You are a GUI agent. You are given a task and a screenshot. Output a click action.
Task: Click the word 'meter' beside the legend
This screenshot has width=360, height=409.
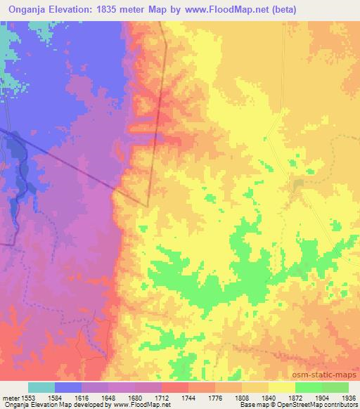point(10,398)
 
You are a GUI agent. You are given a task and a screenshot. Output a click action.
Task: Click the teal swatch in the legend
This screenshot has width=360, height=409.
point(41,387)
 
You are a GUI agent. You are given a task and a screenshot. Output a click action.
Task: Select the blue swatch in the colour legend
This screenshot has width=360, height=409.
point(68,387)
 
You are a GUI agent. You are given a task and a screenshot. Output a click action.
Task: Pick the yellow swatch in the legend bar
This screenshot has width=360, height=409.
point(282,387)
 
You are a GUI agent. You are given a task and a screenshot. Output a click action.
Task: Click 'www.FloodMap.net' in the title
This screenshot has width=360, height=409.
point(209,9)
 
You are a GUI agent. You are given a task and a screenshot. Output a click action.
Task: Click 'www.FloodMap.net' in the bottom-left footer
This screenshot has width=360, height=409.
point(142,405)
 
